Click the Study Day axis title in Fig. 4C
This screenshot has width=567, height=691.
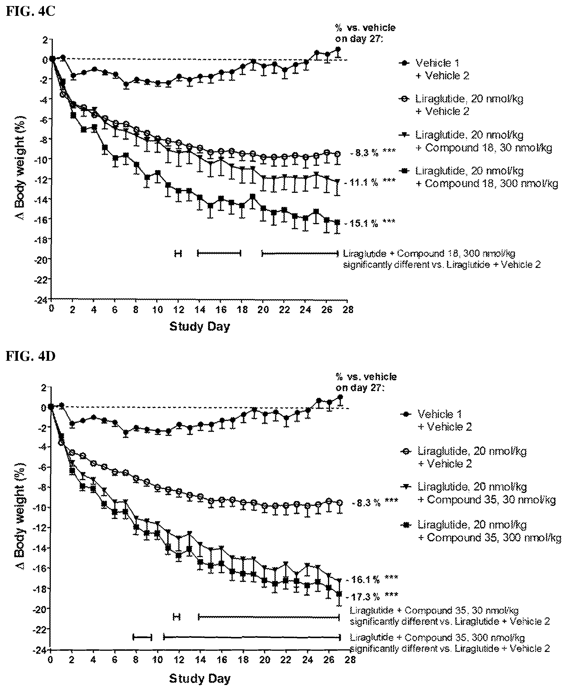tap(200, 327)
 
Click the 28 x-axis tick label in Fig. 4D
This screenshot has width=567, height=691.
tap(350, 660)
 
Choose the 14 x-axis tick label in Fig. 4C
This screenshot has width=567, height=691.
tap(200, 310)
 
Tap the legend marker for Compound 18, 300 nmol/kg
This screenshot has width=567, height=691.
tap(404, 171)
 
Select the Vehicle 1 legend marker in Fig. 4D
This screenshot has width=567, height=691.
tap(407, 414)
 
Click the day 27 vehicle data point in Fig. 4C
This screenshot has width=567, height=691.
tap(338, 49)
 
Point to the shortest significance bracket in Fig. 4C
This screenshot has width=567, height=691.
tap(178, 253)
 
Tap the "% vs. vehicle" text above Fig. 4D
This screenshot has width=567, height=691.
tap(366, 377)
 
